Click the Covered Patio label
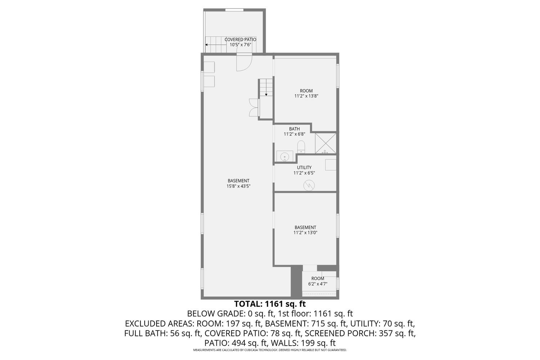pyautogui.click(x=240, y=40)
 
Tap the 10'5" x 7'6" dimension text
pyautogui.click(x=240, y=45)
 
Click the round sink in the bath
pyautogui.click(x=285, y=157)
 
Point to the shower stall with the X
pyautogui.click(x=325, y=143)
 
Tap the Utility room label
pyautogui.click(x=304, y=167)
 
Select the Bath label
pyautogui.click(x=294, y=129)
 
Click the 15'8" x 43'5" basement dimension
pyautogui.click(x=238, y=186)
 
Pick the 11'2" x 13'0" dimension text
pyautogui.click(x=305, y=233)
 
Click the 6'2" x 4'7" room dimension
pyautogui.click(x=318, y=284)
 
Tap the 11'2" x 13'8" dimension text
pyautogui.click(x=306, y=96)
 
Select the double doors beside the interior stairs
pyautogui.click(x=254, y=107)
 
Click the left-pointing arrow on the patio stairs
pyautogui.click(x=208, y=45)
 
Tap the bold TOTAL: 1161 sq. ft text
pyautogui.click(x=270, y=304)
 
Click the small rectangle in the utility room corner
pyautogui.click(x=330, y=165)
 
